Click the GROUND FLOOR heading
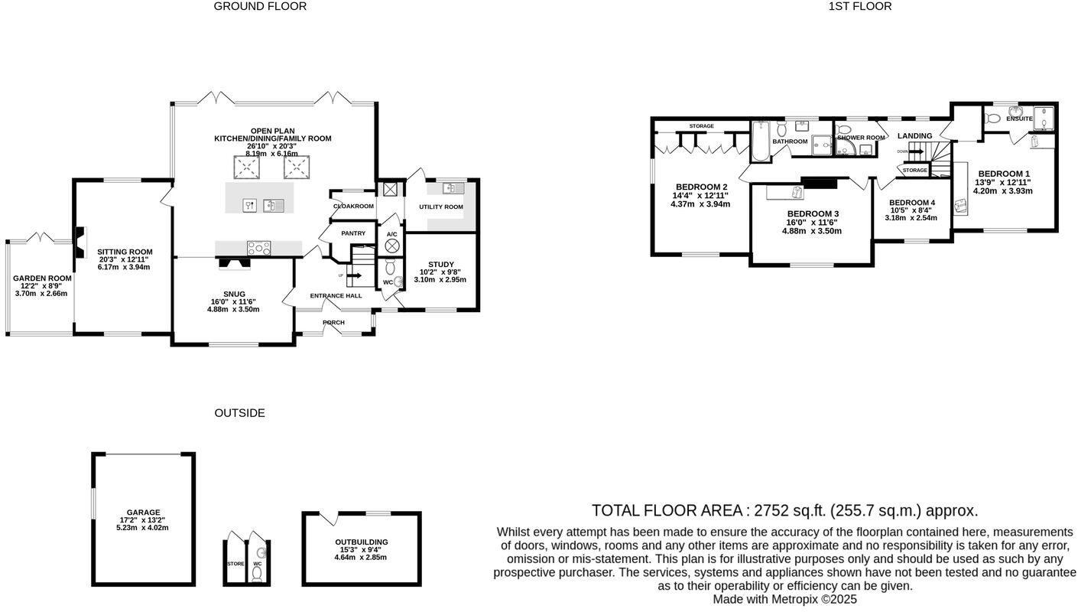[x=260, y=6]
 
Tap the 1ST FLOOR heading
[x=859, y=6]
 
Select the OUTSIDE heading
[x=239, y=413]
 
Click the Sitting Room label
[x=125, y=252]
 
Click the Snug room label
[x=234, y=294]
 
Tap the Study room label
[x=440, y=265]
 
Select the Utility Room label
[x=441, y=207]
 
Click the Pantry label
[x=353, y=233]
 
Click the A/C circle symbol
[x=391, y=246]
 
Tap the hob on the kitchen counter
[x=258, y=247]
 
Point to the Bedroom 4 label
[x=911, y=203]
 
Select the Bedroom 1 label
[x=1004, y=174]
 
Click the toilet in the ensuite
[x=993, y=118]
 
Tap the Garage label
[x=143, y=513]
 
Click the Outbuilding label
[x=363, y=542]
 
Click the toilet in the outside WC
[x=257, y=574]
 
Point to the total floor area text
[x=784, y=511]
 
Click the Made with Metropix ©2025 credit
[x=784, y=600]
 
